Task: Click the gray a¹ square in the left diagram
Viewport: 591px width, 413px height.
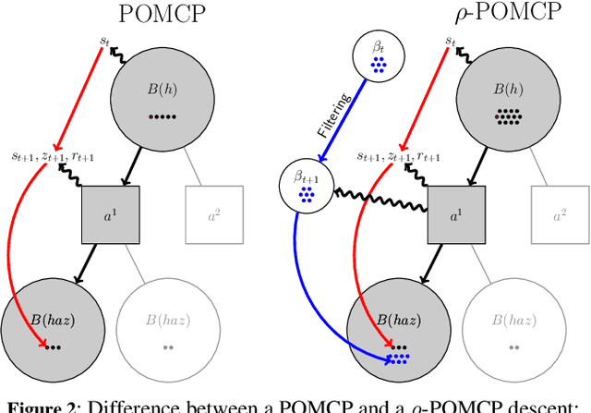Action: [x=110, y=213]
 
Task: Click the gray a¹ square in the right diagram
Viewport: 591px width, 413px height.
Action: [x=456, y=213]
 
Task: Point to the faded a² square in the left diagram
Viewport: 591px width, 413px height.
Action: [x=213, y=213]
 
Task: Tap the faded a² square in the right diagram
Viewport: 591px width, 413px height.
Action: [x=560, y=213]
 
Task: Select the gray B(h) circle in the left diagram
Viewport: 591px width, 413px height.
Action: [x=153, y=96]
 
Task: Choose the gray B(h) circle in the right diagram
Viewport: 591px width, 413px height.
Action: [x=500, y=96]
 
